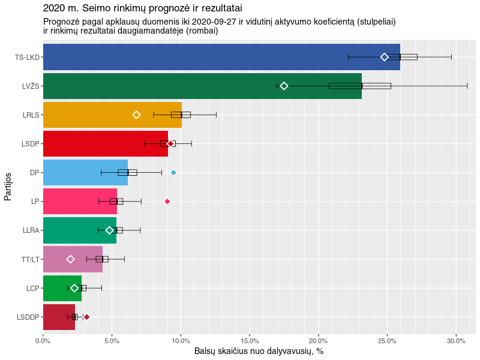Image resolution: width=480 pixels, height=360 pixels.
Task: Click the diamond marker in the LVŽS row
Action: tap(284, 86)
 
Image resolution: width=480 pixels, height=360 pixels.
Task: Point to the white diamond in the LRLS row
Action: tap(136, 115)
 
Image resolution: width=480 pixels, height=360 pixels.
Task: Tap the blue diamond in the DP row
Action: tap(173, 172)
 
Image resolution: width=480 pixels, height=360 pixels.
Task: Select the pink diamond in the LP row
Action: tap(167, 201)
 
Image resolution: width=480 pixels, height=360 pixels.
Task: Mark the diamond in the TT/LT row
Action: tap(70, 259)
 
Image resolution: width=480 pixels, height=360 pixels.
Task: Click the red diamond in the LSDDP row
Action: tap(86, 317)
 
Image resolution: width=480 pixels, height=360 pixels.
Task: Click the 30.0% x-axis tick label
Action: tap(456, 341)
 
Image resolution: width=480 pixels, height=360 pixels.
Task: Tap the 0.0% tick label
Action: tap(43, 341)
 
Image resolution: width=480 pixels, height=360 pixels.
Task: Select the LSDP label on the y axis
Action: tap(30, 143)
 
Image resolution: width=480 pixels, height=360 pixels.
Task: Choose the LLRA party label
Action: tap(31, 230)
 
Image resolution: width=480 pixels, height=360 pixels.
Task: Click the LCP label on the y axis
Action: tap(32, 288)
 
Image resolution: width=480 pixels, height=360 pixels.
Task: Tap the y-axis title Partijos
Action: tap(8, 187)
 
